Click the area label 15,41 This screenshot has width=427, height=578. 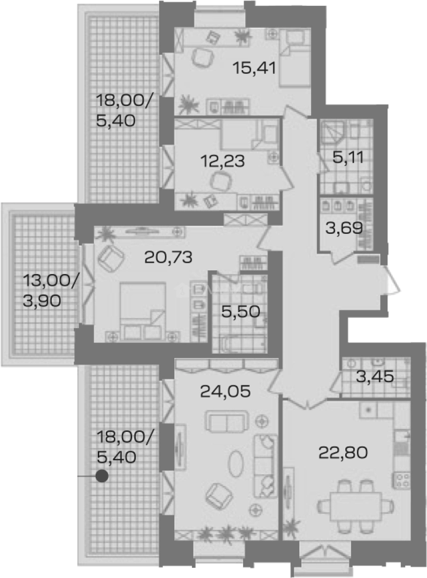[x=254, y=68]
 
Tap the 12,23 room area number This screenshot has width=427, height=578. [x=223, y=161]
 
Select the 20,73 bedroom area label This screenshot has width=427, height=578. [x=168, y=257]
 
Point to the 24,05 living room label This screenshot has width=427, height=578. [x=226, y=391]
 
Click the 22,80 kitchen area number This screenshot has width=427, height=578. [x=343, y=453]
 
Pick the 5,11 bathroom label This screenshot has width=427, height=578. [x=348, y=158]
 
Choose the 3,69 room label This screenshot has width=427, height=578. [x=344, y=228]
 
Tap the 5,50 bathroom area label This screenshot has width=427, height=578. [x=240, y=312]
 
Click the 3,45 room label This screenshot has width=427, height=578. [x=375, y=377]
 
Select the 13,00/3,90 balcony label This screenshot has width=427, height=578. [x=51, y=291]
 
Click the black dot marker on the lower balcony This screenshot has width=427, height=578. [x=102, y=476]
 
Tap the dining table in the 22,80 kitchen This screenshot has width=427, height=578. [x=356, y=506]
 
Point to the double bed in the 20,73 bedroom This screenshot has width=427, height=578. [x=143, y=310]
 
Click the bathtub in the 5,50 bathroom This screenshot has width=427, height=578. [x=242, y=344]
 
